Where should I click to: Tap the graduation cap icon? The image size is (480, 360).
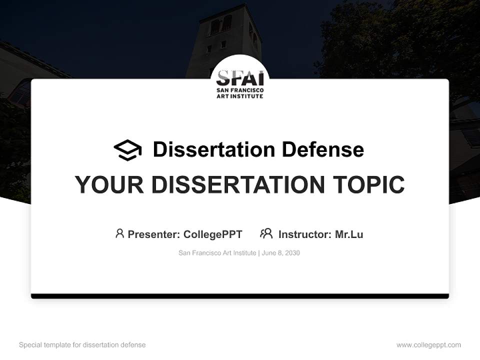pos(127,149)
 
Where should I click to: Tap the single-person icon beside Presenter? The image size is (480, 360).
pos(119,233)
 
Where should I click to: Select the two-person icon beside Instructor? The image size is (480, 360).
pos(266,233)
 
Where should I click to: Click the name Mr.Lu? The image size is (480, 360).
pos(349,234)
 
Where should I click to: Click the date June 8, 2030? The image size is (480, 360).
pos(280,253)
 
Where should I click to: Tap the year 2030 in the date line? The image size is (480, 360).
pos(292,253)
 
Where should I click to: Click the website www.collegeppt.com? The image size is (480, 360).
pos(428,345)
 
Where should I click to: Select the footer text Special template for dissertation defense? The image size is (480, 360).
pos(82,345)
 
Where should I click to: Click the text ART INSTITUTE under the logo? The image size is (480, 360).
pos(239,96)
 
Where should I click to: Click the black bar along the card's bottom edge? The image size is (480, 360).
pos(240,296)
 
